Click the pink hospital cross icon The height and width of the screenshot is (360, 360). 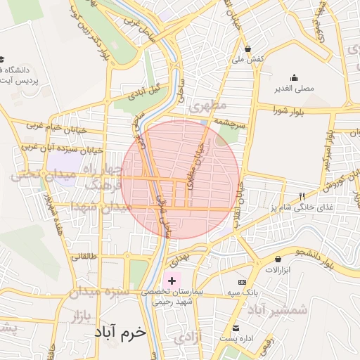click(172, 281)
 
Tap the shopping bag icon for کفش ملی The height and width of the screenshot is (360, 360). click(247, 49)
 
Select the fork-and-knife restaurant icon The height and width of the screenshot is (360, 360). click(302, 196)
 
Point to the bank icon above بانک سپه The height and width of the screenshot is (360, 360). click(243, 281)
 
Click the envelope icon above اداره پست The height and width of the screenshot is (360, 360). click(237, 328)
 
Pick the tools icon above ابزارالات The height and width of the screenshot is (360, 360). click(276, 259)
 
